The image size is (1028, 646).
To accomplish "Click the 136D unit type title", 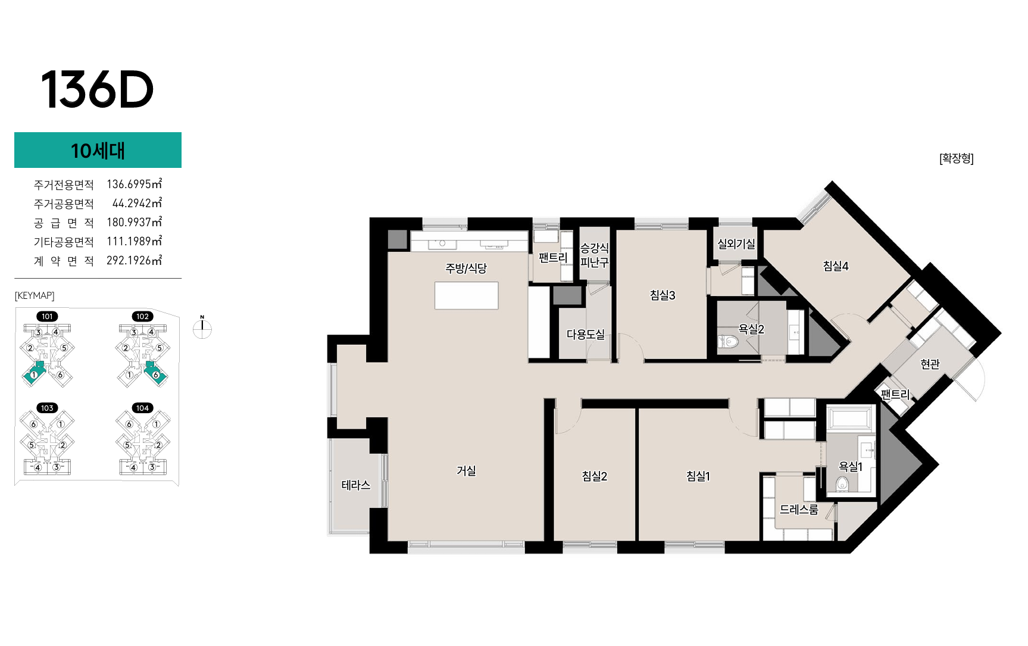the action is [x=97, y=89].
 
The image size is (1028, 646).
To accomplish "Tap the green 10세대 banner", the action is [x=98, y=150].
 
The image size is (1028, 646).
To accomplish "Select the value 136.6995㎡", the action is [x=134, y=184].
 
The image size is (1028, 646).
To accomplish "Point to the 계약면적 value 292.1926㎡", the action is [x=134, y=260].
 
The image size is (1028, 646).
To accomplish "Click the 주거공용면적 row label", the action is [x=64, y=204].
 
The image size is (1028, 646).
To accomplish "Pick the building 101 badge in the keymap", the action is [x=47, y=316].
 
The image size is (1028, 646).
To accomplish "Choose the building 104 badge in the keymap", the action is [x=142, y=408].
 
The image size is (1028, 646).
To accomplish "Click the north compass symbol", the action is [x=202, y=328].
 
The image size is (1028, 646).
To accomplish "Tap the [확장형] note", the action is [x=956, y=158].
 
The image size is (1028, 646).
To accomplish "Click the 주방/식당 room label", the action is [x=466, y=268].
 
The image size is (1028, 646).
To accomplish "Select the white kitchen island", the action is [x=466, y=295].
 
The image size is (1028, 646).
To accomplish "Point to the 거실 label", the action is [x=466, y=470].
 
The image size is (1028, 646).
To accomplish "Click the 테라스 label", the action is [x=356, y=485].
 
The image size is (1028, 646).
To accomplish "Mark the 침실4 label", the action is [x=836, y=266].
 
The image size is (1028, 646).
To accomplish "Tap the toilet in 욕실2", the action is [x=729, y=342].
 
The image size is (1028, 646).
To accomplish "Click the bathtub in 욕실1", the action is [x=850, y=418].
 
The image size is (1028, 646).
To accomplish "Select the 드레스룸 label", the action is [x=799, y=509].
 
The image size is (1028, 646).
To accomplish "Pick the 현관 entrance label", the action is [x=930, y=364].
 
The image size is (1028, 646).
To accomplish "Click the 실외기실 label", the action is [x=736, y=244].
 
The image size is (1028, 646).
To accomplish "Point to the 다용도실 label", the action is [x=586, y=334].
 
